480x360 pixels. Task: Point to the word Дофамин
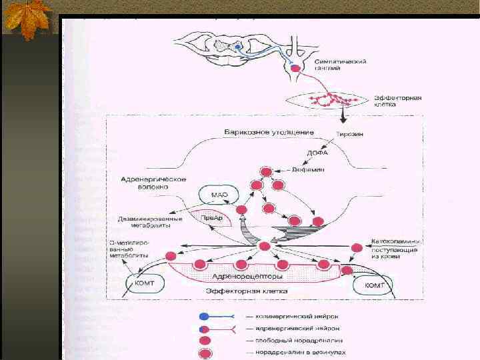point(309,169)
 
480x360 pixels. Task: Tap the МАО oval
point(220,195)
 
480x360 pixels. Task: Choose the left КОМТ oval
point(143,284)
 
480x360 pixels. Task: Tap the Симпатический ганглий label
point(339,65)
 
